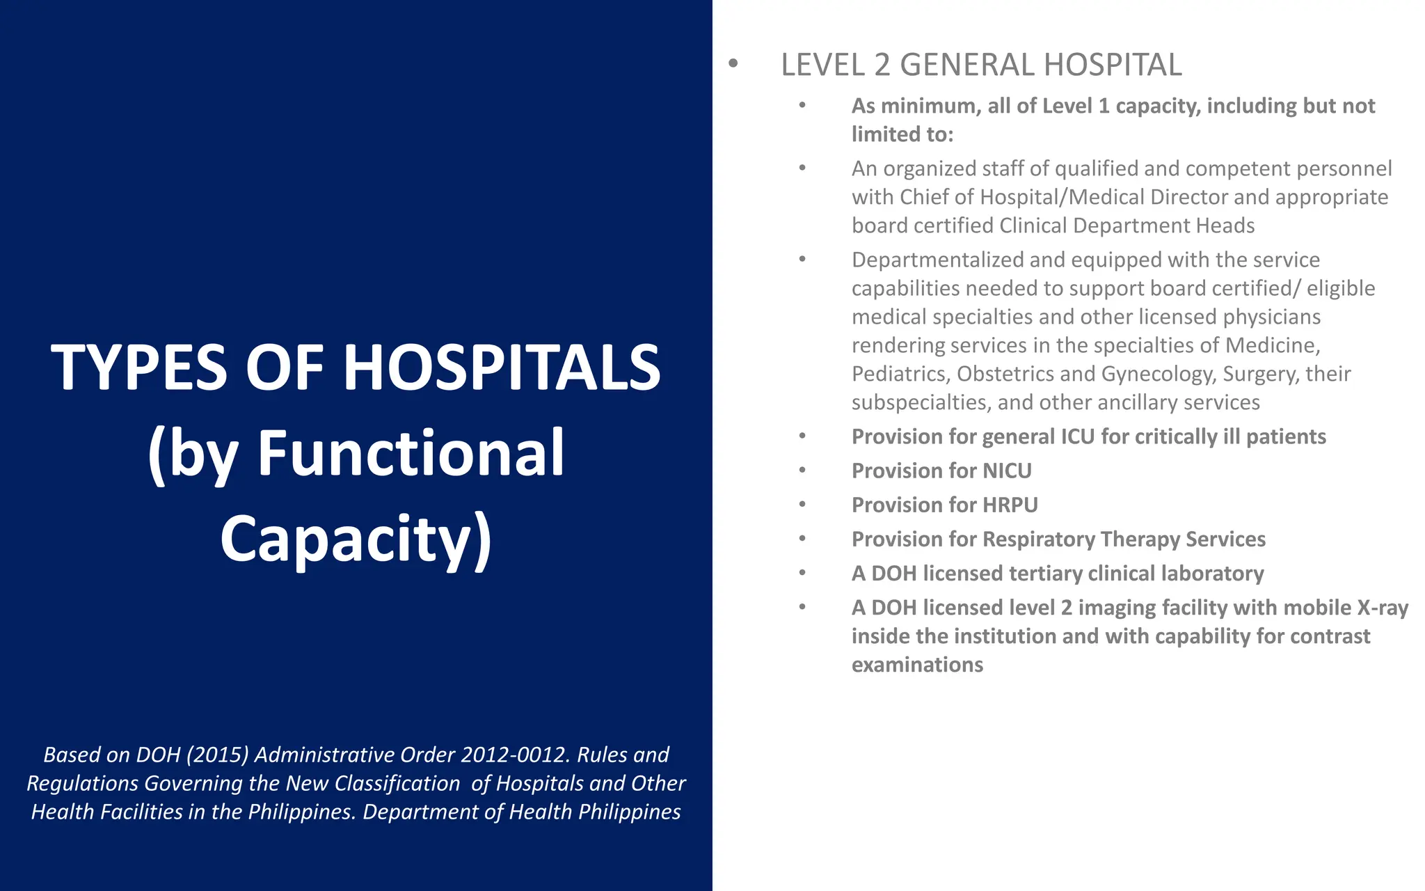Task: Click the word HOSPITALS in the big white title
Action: [502, 368]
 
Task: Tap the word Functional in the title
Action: [411, 453]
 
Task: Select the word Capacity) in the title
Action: [356, 539]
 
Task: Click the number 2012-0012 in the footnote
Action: [514, 755]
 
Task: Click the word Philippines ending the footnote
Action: [629, 812]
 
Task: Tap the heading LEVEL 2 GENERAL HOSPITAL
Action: [980, 65]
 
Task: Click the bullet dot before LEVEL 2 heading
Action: [733, 64]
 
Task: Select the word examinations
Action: [916, 665]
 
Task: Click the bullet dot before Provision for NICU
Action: [802, 471]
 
